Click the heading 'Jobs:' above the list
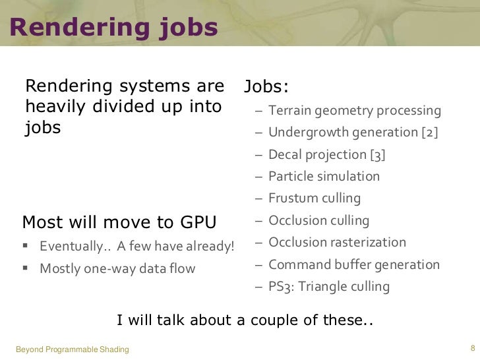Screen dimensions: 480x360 tap(266, 88)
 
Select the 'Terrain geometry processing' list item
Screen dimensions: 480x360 tap(355, 110)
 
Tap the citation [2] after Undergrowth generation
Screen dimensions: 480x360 tap(429, 133)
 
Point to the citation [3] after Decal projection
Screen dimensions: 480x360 tap(377, 155)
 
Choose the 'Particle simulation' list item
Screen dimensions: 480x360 tap(324, 177)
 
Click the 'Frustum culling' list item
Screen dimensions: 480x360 tap(315, 198)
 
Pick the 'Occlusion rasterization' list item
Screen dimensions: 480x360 tap(337, 243)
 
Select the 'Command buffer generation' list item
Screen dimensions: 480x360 tap(353, 265)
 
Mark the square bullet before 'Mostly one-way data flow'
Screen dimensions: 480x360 tap(26, 268)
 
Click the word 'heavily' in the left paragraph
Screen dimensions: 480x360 tap(54, 107)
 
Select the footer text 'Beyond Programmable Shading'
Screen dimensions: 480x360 tap(72, 349)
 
